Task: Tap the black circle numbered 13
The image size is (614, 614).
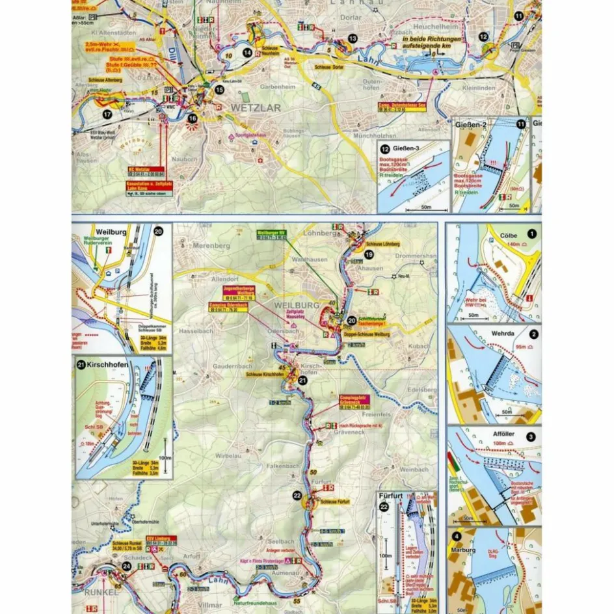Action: coord(352,39)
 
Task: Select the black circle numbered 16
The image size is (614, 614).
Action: coord(193,118)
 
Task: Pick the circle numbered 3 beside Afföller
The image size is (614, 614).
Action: coord(531,437)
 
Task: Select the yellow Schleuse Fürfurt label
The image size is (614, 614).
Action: coord(336,501)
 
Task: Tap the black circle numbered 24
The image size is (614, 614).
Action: coord(126,566)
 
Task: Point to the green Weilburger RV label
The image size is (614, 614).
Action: coord(272,232)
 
